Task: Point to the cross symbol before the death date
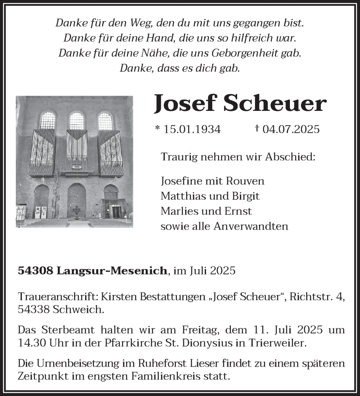(x=257, y=128)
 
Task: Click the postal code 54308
(x=36, y=271)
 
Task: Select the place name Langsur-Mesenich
(x=112, y=271)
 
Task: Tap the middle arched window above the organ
(x=76, y=121)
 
